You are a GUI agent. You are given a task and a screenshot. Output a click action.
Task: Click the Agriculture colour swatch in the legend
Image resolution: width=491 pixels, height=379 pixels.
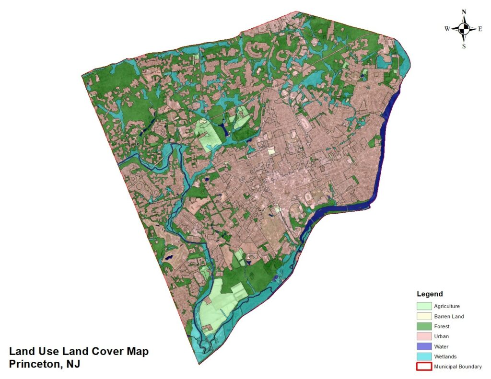point(424,306)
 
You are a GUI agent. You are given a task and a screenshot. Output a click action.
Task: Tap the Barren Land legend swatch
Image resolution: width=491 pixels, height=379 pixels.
point(424,316)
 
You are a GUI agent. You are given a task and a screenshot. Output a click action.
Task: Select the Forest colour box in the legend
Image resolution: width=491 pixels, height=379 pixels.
point(424,326)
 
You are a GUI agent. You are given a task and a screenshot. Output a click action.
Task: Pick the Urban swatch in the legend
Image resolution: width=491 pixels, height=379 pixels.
point(424,336)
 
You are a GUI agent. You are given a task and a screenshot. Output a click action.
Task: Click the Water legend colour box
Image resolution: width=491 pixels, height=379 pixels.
point(424,346)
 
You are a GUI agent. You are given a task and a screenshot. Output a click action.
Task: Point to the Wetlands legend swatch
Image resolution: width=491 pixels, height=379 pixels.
point(424,356)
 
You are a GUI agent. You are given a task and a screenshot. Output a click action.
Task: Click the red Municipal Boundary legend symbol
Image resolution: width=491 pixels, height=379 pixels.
point(424,367)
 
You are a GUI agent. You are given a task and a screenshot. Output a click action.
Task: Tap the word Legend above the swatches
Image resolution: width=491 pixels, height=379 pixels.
point(430,294)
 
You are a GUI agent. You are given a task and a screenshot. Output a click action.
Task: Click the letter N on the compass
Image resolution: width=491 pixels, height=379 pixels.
point(464,12)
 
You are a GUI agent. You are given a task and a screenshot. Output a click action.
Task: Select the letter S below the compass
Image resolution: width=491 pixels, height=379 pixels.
point(464,46)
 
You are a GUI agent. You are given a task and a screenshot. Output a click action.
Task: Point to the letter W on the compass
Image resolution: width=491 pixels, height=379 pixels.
point(447,29)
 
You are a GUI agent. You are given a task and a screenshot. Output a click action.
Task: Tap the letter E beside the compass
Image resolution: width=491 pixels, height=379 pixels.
point(480,29)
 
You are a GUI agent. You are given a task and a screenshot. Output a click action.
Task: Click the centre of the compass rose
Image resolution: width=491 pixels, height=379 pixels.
point(464,29)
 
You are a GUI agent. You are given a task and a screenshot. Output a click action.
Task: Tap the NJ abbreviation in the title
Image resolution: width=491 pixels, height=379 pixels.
point(73,364)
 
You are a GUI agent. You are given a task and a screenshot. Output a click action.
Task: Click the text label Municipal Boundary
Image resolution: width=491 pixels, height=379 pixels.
point(458,367)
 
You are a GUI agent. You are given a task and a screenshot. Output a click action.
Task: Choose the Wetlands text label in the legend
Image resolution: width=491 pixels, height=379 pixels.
point(445,356)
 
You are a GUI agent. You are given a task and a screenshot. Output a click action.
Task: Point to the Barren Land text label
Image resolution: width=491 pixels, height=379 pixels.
point(449,316)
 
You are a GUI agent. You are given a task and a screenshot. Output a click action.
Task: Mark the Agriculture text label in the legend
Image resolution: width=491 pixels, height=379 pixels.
point(447,306)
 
